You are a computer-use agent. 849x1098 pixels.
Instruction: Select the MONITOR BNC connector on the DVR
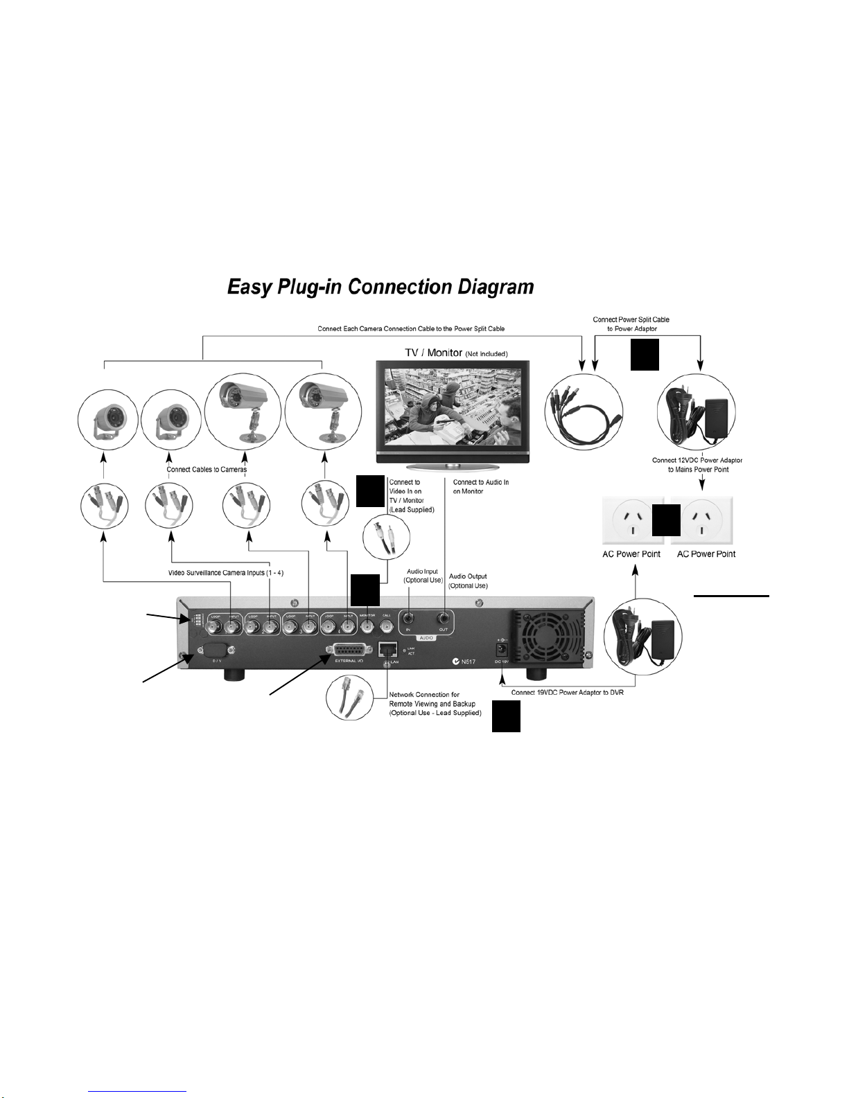click(x=367, y=627)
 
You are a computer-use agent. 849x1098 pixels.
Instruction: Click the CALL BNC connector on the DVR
click(x=386, y=627)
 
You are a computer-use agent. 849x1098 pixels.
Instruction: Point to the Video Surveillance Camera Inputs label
click(x=226, y=573)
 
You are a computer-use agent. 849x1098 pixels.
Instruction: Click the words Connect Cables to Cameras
click(x=207, y=470)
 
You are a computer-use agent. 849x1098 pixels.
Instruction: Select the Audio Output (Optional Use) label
click(x=468, y=581)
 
